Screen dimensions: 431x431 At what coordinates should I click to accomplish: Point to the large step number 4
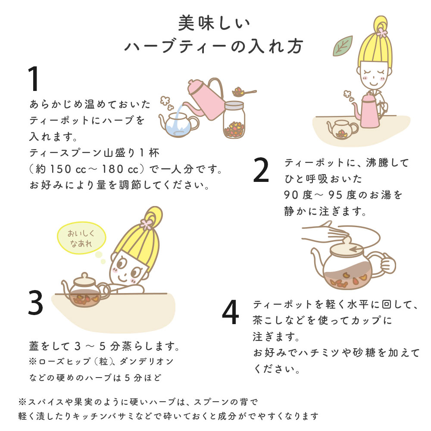(x=230, y=313)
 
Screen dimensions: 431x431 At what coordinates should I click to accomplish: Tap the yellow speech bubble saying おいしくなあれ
(x=81, y=238)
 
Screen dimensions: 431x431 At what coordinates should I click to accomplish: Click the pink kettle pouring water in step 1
(x=205, y=97)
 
